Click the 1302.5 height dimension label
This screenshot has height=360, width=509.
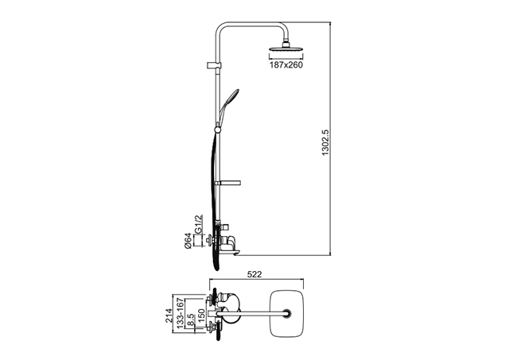coord(325,143)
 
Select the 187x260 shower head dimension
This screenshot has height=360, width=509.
coord(286,65)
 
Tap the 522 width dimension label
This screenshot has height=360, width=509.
coord(254,274)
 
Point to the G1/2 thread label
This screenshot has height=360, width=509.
coord(198,224)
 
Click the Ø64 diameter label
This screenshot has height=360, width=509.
coord(188,242)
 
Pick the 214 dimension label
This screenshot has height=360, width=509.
coord(169,315)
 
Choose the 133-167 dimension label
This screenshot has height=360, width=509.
coord(180,313)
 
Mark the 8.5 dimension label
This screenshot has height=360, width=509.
coord(191,319)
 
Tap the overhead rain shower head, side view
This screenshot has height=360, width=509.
coord(286,48)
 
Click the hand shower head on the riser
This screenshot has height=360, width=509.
coord(232,96)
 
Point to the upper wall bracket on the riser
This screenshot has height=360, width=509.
coord(214,65)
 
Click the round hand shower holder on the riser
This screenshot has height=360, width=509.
coord(217,130)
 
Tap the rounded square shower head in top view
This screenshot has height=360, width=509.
coord(287,313)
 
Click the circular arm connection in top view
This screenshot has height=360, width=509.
coord(287,313)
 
